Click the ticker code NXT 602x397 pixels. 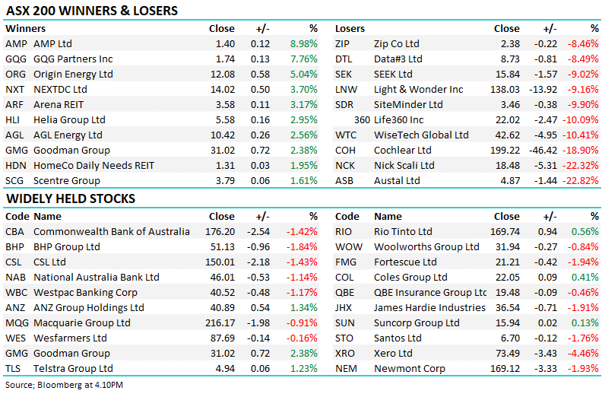click(x=14, y=89)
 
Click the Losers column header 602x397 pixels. click(x=350, y=28)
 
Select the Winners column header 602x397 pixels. click(x=25, y=28)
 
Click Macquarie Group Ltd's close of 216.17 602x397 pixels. click(x=220, y=323)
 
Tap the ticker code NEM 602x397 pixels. click(x=347, y=369)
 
